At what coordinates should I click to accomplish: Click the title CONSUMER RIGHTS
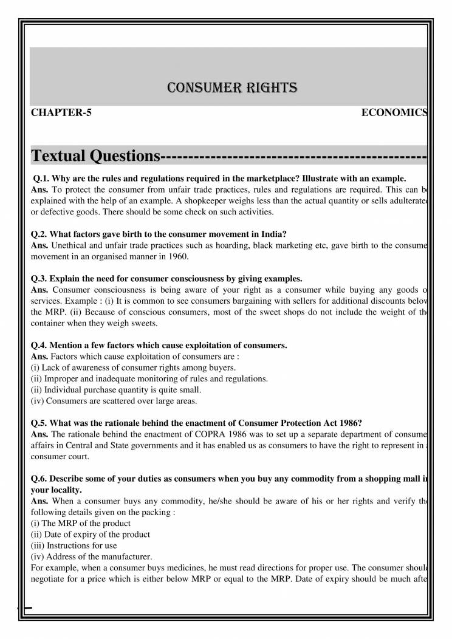click(x=232, y=88)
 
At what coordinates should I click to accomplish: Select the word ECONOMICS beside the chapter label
click(x=394, y=113)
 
